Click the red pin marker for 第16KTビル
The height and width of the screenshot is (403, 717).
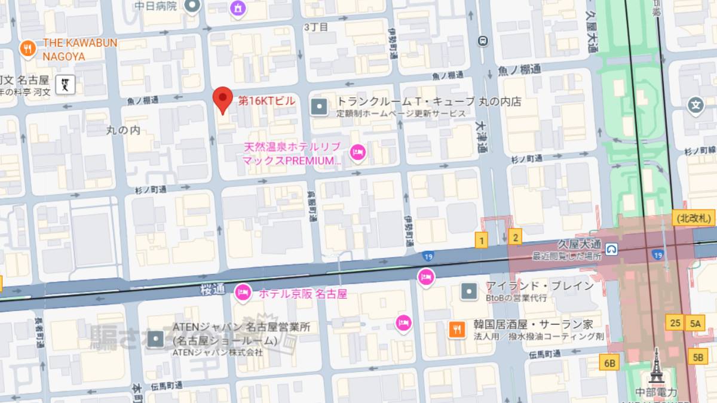(x=223, y=100)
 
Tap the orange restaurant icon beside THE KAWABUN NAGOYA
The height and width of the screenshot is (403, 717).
(x=27, y=49)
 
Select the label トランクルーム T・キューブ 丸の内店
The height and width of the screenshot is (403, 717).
(x=429, y=101)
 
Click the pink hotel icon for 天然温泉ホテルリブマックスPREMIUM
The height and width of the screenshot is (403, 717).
(x=357, y=153)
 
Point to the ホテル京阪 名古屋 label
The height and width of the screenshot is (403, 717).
(x=302, y=294)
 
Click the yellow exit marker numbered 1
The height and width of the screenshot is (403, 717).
(x=482, y=240)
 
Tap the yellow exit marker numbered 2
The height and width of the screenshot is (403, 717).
(x=515, y=236)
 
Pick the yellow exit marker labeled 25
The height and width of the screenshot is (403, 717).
(x=676, y=323)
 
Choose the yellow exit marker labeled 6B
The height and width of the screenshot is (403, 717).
(x=609, y=362)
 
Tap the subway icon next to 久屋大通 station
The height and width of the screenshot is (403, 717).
(x=611, y=248)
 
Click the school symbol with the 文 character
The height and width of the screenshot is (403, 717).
(x=695, y=106)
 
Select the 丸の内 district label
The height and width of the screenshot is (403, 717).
(x=123, y=130)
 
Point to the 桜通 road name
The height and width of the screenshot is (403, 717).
(x=213, y=290)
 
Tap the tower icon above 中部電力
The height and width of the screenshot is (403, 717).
(x=657, y=365)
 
